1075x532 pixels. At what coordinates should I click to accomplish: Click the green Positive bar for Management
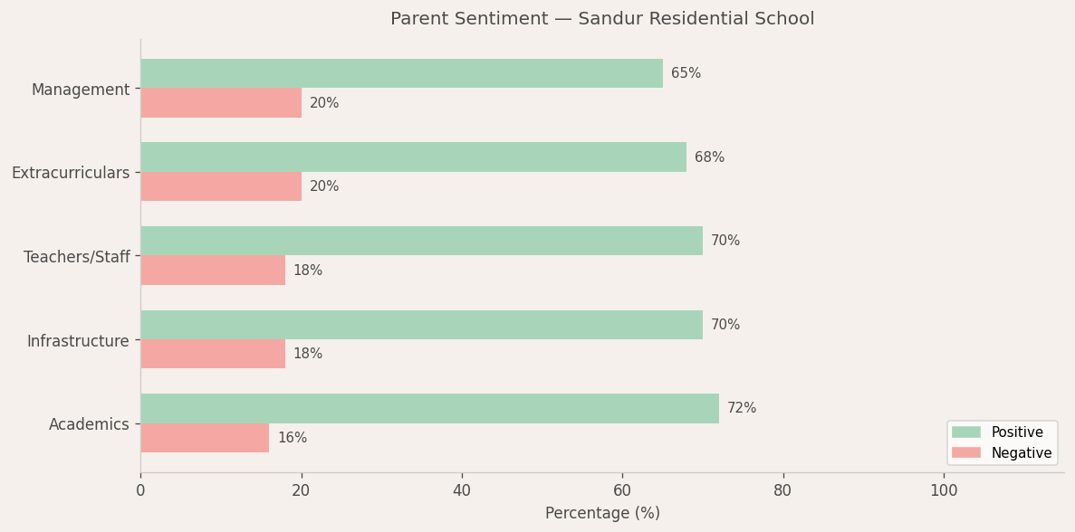[x=401, y=73]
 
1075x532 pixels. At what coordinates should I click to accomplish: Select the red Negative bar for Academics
[x=205, y=438]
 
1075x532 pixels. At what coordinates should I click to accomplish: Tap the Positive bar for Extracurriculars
[x=413, y=157]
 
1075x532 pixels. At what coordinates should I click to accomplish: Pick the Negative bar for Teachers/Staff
[x=213, y=271]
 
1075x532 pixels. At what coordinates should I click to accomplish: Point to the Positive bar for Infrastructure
[x=421, y=325]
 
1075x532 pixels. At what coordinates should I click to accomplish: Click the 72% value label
[x=742, y=408]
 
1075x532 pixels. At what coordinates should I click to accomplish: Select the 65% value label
[x=686, y=73]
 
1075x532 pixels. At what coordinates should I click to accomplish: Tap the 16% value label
[x=292, y=438]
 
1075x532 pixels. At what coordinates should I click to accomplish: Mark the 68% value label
[x=709, y=157]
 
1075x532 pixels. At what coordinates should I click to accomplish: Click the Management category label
[x=81, y=90]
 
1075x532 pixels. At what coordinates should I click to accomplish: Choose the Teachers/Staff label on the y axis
[x=77, y=257]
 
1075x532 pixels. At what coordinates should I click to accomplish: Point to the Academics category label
[x=89, y=424]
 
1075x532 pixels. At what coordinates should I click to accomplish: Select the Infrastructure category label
[x=78, y=341]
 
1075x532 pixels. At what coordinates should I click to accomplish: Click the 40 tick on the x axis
[x=462, y=490]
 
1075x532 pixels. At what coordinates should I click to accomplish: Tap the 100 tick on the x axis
[x=944, y=490]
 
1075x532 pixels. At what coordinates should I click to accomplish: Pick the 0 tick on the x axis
[x=140, y=490]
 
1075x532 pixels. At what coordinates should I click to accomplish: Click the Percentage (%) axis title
[x=602, y=513]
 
